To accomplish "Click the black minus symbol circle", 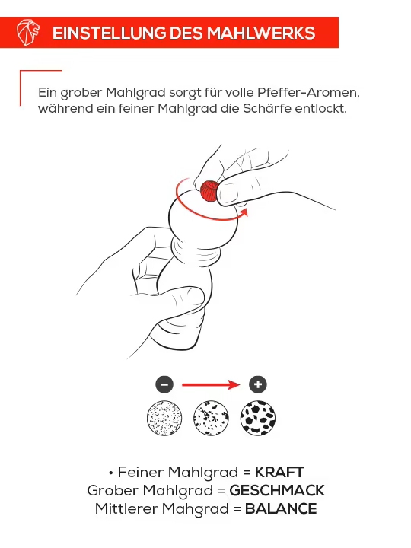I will click(165, 384).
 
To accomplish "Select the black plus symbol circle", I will click(259, 384).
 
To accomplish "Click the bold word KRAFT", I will click(279, 472).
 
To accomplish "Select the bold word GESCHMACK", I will click(277, 490).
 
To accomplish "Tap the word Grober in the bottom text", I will click(113, 490).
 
